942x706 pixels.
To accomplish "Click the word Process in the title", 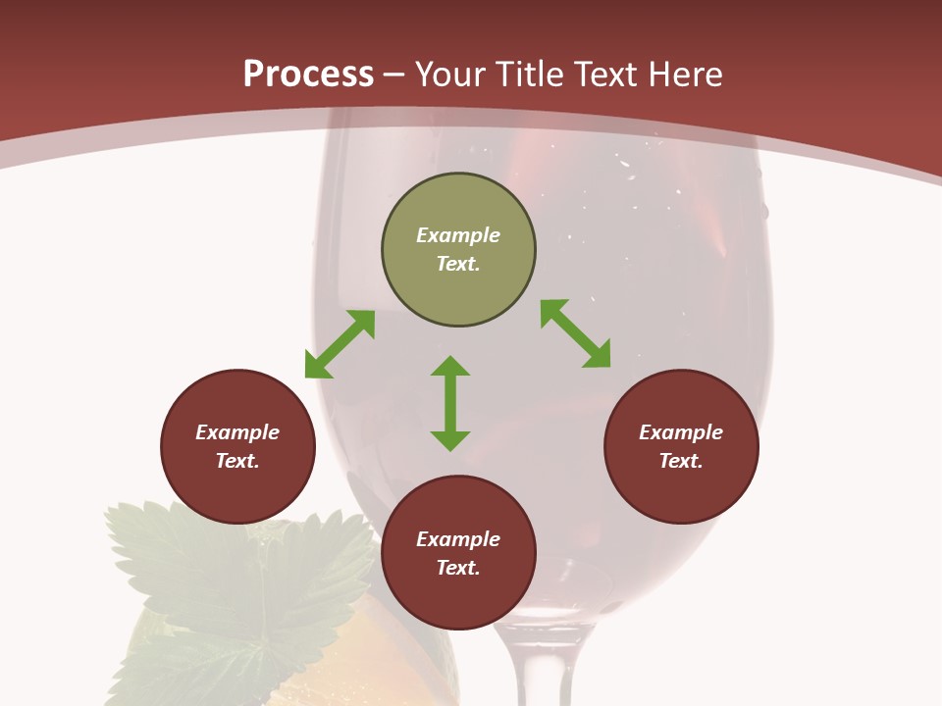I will point(308,75).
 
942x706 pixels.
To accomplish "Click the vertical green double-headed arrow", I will point(450,403).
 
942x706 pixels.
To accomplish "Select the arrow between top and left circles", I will point(340,344).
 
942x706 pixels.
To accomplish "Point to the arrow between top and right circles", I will point(575,333).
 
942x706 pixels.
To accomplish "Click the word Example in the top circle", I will point(458,235).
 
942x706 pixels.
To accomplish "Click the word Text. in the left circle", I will point(237,461).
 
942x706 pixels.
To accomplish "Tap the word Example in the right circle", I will point(681,432).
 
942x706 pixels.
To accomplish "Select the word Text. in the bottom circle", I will point(458,568).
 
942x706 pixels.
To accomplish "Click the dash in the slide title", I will point(393,75).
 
